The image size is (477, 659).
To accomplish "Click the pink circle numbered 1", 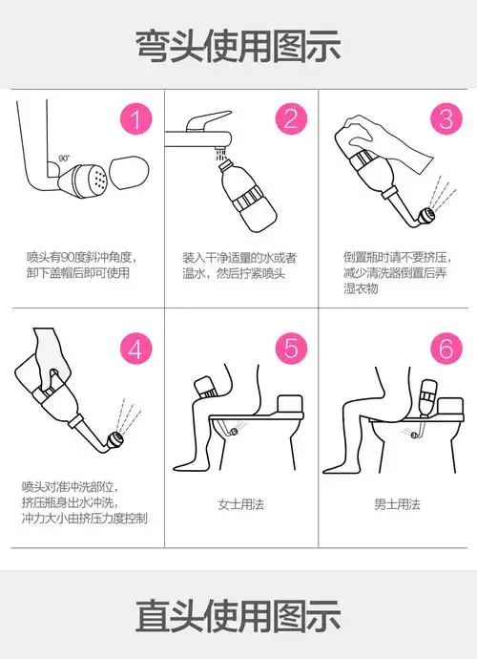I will click(136, 120).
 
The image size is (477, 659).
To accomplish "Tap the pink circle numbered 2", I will click(290, 120).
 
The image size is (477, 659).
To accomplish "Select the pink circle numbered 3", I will click(444, 120).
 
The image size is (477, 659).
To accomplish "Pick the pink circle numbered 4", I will click(136, 349).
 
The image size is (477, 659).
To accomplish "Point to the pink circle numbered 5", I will click(290, 349).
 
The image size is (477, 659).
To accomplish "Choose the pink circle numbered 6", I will click(444, 349).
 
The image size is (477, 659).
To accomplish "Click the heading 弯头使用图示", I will click(238, 44).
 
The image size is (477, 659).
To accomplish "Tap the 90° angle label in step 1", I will click(63, 158).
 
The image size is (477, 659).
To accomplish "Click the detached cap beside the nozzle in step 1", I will click(127, 173).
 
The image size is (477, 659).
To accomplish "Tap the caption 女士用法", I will click(238, 503).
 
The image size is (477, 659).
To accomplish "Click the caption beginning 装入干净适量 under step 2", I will click(239, 266).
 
